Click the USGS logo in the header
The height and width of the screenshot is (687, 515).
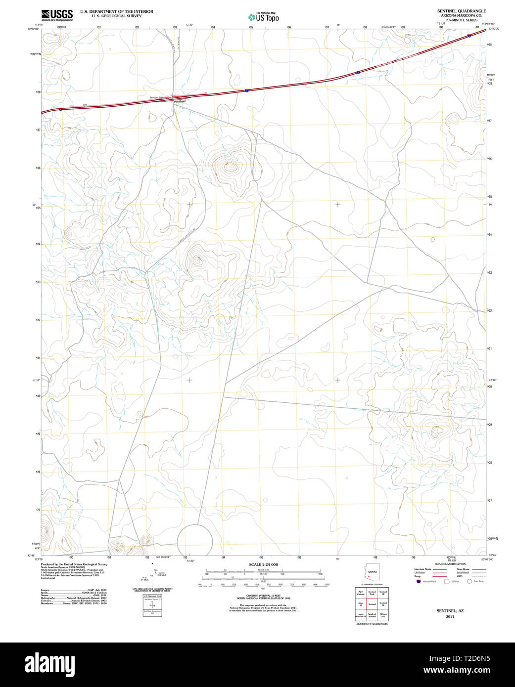(57, 14)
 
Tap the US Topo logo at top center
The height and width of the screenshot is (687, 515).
(264, 17)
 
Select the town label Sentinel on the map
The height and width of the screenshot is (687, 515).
(179, 101)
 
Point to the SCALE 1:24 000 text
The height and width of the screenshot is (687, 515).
(263, 564)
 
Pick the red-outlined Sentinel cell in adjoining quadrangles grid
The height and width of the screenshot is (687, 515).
(372, 604)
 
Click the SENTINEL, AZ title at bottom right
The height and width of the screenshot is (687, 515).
(450, 611)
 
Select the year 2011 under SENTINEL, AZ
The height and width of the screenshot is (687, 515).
(450, 617)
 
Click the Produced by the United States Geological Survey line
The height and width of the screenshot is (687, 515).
(74, 564)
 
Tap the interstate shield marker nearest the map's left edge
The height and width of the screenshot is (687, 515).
(60, 109)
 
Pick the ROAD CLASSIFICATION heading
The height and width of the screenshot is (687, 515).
(450, 564)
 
